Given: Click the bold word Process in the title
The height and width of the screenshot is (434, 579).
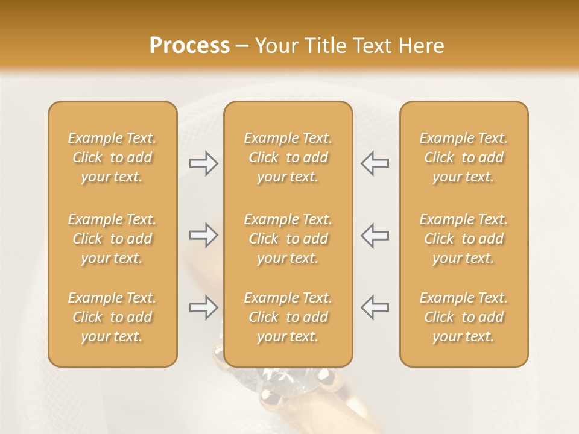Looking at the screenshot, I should [189, 46].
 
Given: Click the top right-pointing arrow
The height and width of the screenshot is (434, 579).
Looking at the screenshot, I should [203, 163].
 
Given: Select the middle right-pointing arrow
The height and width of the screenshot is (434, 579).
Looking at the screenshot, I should [203, 235].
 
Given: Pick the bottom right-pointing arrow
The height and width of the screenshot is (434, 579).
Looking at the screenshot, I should [203, 307].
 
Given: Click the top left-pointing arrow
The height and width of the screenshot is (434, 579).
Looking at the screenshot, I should [375, 163].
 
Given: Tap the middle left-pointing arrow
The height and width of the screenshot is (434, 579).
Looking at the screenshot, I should [375, 235].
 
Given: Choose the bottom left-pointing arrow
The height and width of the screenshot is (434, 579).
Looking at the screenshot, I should [375, 307].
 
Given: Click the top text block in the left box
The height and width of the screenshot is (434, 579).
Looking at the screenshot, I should [112, 157].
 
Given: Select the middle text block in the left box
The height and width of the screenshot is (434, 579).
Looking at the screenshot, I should [112, 239].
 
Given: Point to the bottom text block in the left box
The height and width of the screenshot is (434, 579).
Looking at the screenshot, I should [112, 317].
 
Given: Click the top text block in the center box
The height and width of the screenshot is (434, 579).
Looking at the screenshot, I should [288, 157].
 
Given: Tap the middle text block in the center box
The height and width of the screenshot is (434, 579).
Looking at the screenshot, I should [288, 239].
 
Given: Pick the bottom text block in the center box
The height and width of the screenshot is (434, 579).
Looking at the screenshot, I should [288, 317].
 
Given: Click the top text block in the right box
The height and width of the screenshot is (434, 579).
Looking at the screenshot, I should [463, 157].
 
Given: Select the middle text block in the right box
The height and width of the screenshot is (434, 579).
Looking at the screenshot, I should [463, 239].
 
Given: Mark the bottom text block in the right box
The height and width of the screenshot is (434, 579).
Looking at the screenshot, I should [463, 317].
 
